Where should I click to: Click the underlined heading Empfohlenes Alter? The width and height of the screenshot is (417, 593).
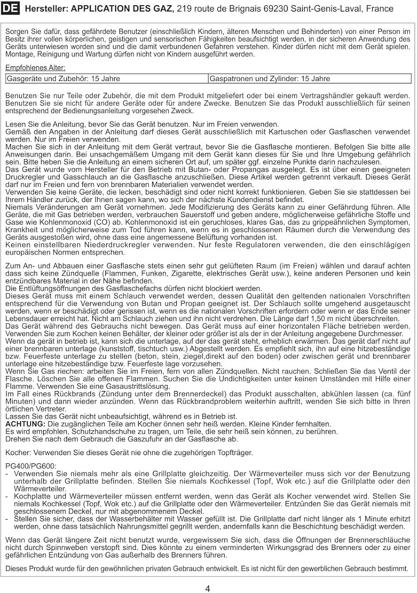pyautogui.click(x=35, y=68)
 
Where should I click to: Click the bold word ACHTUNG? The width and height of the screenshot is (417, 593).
pyautogui.click(x=25, y=424)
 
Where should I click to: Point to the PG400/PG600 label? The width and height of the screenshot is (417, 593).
pyautogui.click(x=31, y=466)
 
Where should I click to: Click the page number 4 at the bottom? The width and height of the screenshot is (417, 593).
pyautogui.click(x=208, y=589)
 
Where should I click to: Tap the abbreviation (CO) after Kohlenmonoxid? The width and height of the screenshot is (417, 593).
pyautogui.click(x=85, y=222)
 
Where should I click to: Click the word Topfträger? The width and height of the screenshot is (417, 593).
pyautogui.click(x=234, y=453)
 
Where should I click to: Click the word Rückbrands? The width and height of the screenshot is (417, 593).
pyautogui.click(x=72, y=394)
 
